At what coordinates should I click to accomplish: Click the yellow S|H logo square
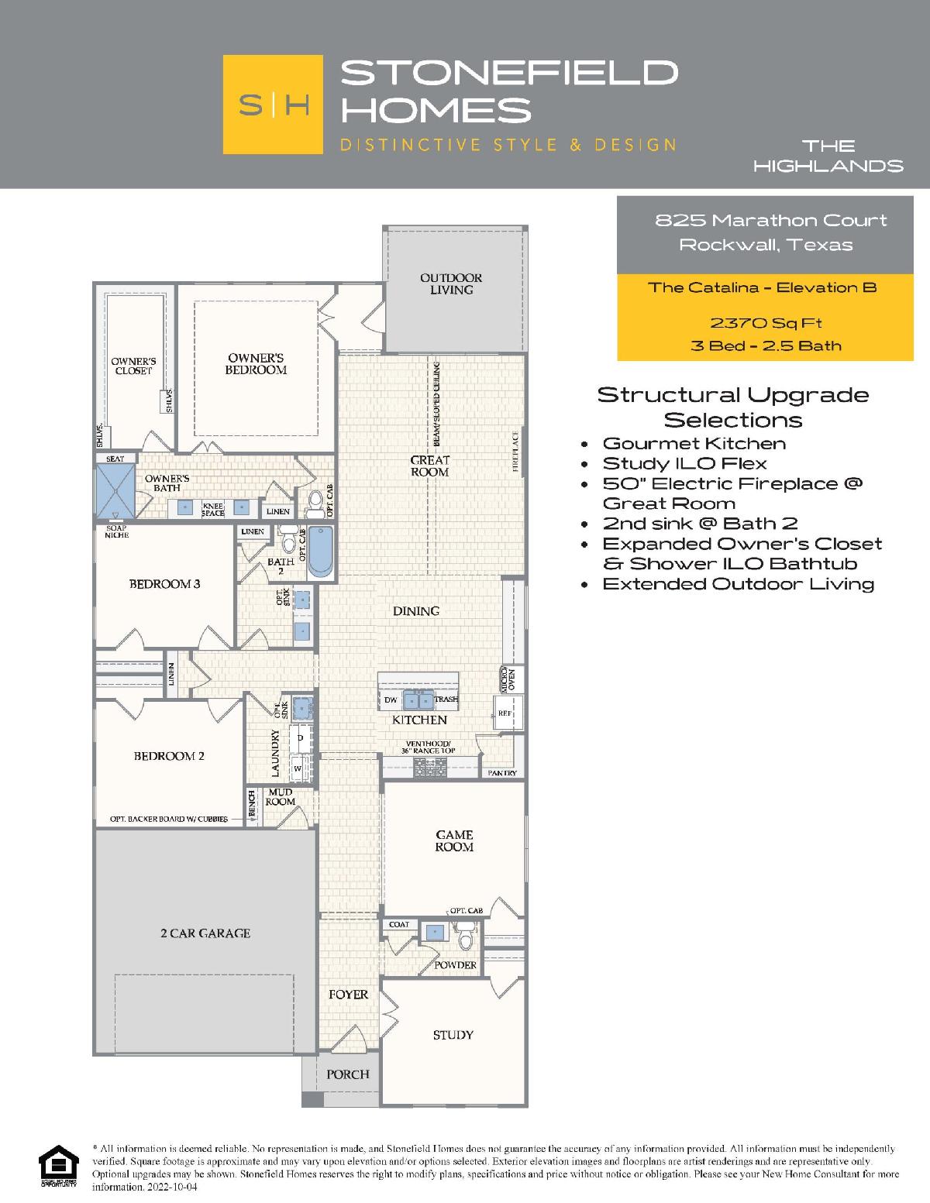coord(273,104)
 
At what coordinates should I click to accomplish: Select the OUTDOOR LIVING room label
coord(451,284)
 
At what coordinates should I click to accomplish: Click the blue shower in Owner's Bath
coord(115,490)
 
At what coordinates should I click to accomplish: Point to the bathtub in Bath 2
coord(321,552)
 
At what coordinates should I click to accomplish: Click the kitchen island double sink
coord(418,701)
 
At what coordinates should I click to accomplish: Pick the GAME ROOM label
coord(454,840)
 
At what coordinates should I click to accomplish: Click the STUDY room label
coord(453,1035)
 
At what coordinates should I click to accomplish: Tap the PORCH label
coord(347,1074)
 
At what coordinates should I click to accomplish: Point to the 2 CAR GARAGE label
coord(205,933)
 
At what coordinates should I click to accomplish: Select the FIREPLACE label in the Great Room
coord(515,451)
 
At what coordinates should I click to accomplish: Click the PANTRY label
coord(502,773)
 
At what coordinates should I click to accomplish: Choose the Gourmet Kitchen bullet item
coord(694,443)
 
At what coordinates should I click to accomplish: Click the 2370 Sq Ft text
coord(766,322)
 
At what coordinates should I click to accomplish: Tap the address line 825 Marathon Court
coord(771,220)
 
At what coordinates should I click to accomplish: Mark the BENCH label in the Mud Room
coord(252,803)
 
